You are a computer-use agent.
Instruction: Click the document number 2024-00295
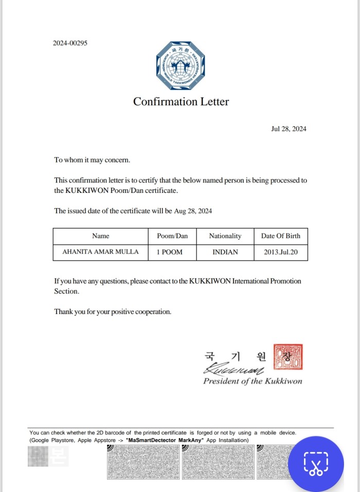(70, 43)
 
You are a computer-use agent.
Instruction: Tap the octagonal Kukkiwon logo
(181, 66)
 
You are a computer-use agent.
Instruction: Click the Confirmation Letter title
(181, 102)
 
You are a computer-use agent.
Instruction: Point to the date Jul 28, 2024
(289, 129)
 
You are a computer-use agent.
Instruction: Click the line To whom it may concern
(92, 160)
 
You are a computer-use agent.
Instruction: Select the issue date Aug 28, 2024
(193, 211)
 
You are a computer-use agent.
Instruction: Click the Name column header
(101, 236)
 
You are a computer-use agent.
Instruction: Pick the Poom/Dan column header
(172, 236)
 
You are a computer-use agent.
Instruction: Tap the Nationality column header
(225, 236)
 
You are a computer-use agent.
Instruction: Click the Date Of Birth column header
(280, 236)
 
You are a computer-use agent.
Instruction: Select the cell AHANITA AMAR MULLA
(100, 252)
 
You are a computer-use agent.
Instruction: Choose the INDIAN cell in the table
(225, 252)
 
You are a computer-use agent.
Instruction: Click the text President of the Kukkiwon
(253, 381)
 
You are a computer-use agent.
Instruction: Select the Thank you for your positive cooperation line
(113, 312)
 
